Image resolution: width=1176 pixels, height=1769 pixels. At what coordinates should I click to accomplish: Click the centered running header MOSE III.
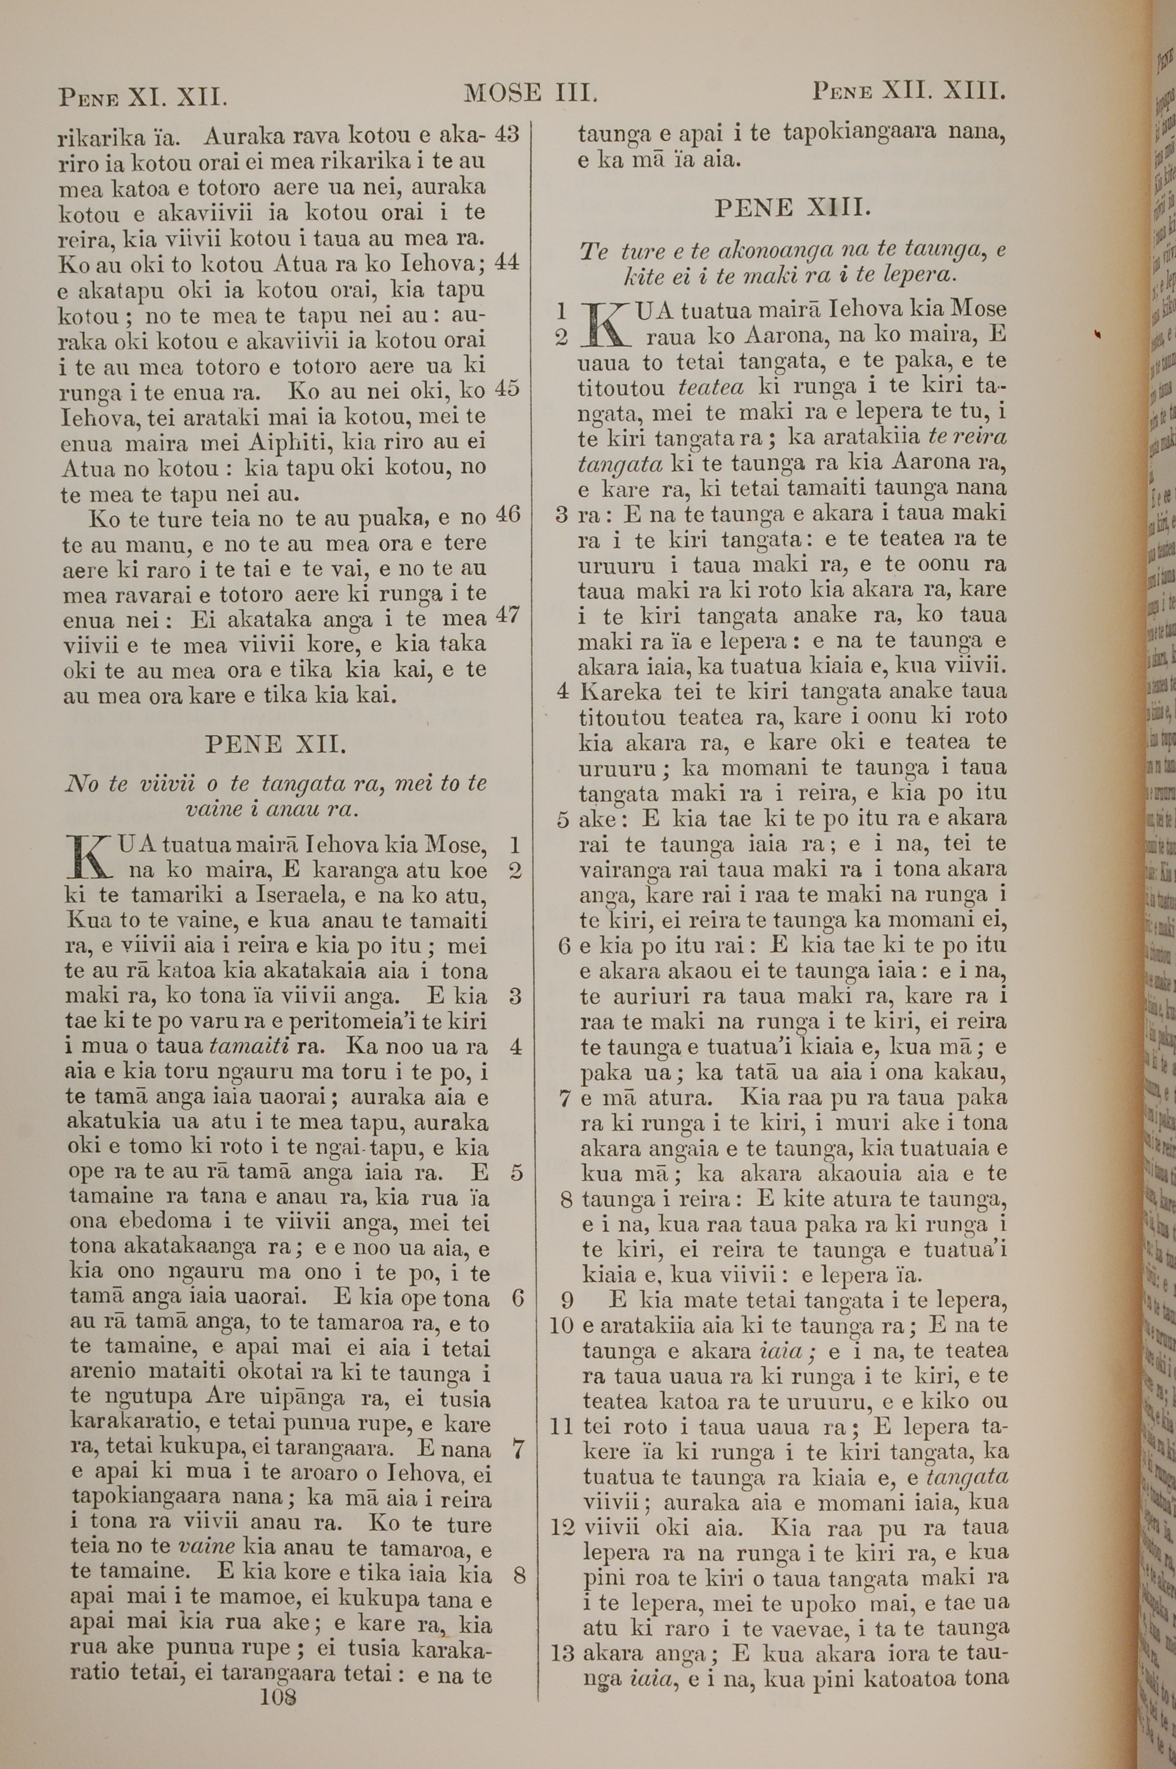point(530,93)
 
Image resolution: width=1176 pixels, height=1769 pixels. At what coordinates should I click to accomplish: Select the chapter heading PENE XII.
point(275,745)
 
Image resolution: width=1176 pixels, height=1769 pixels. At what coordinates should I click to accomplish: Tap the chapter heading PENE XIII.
point(793,208)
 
